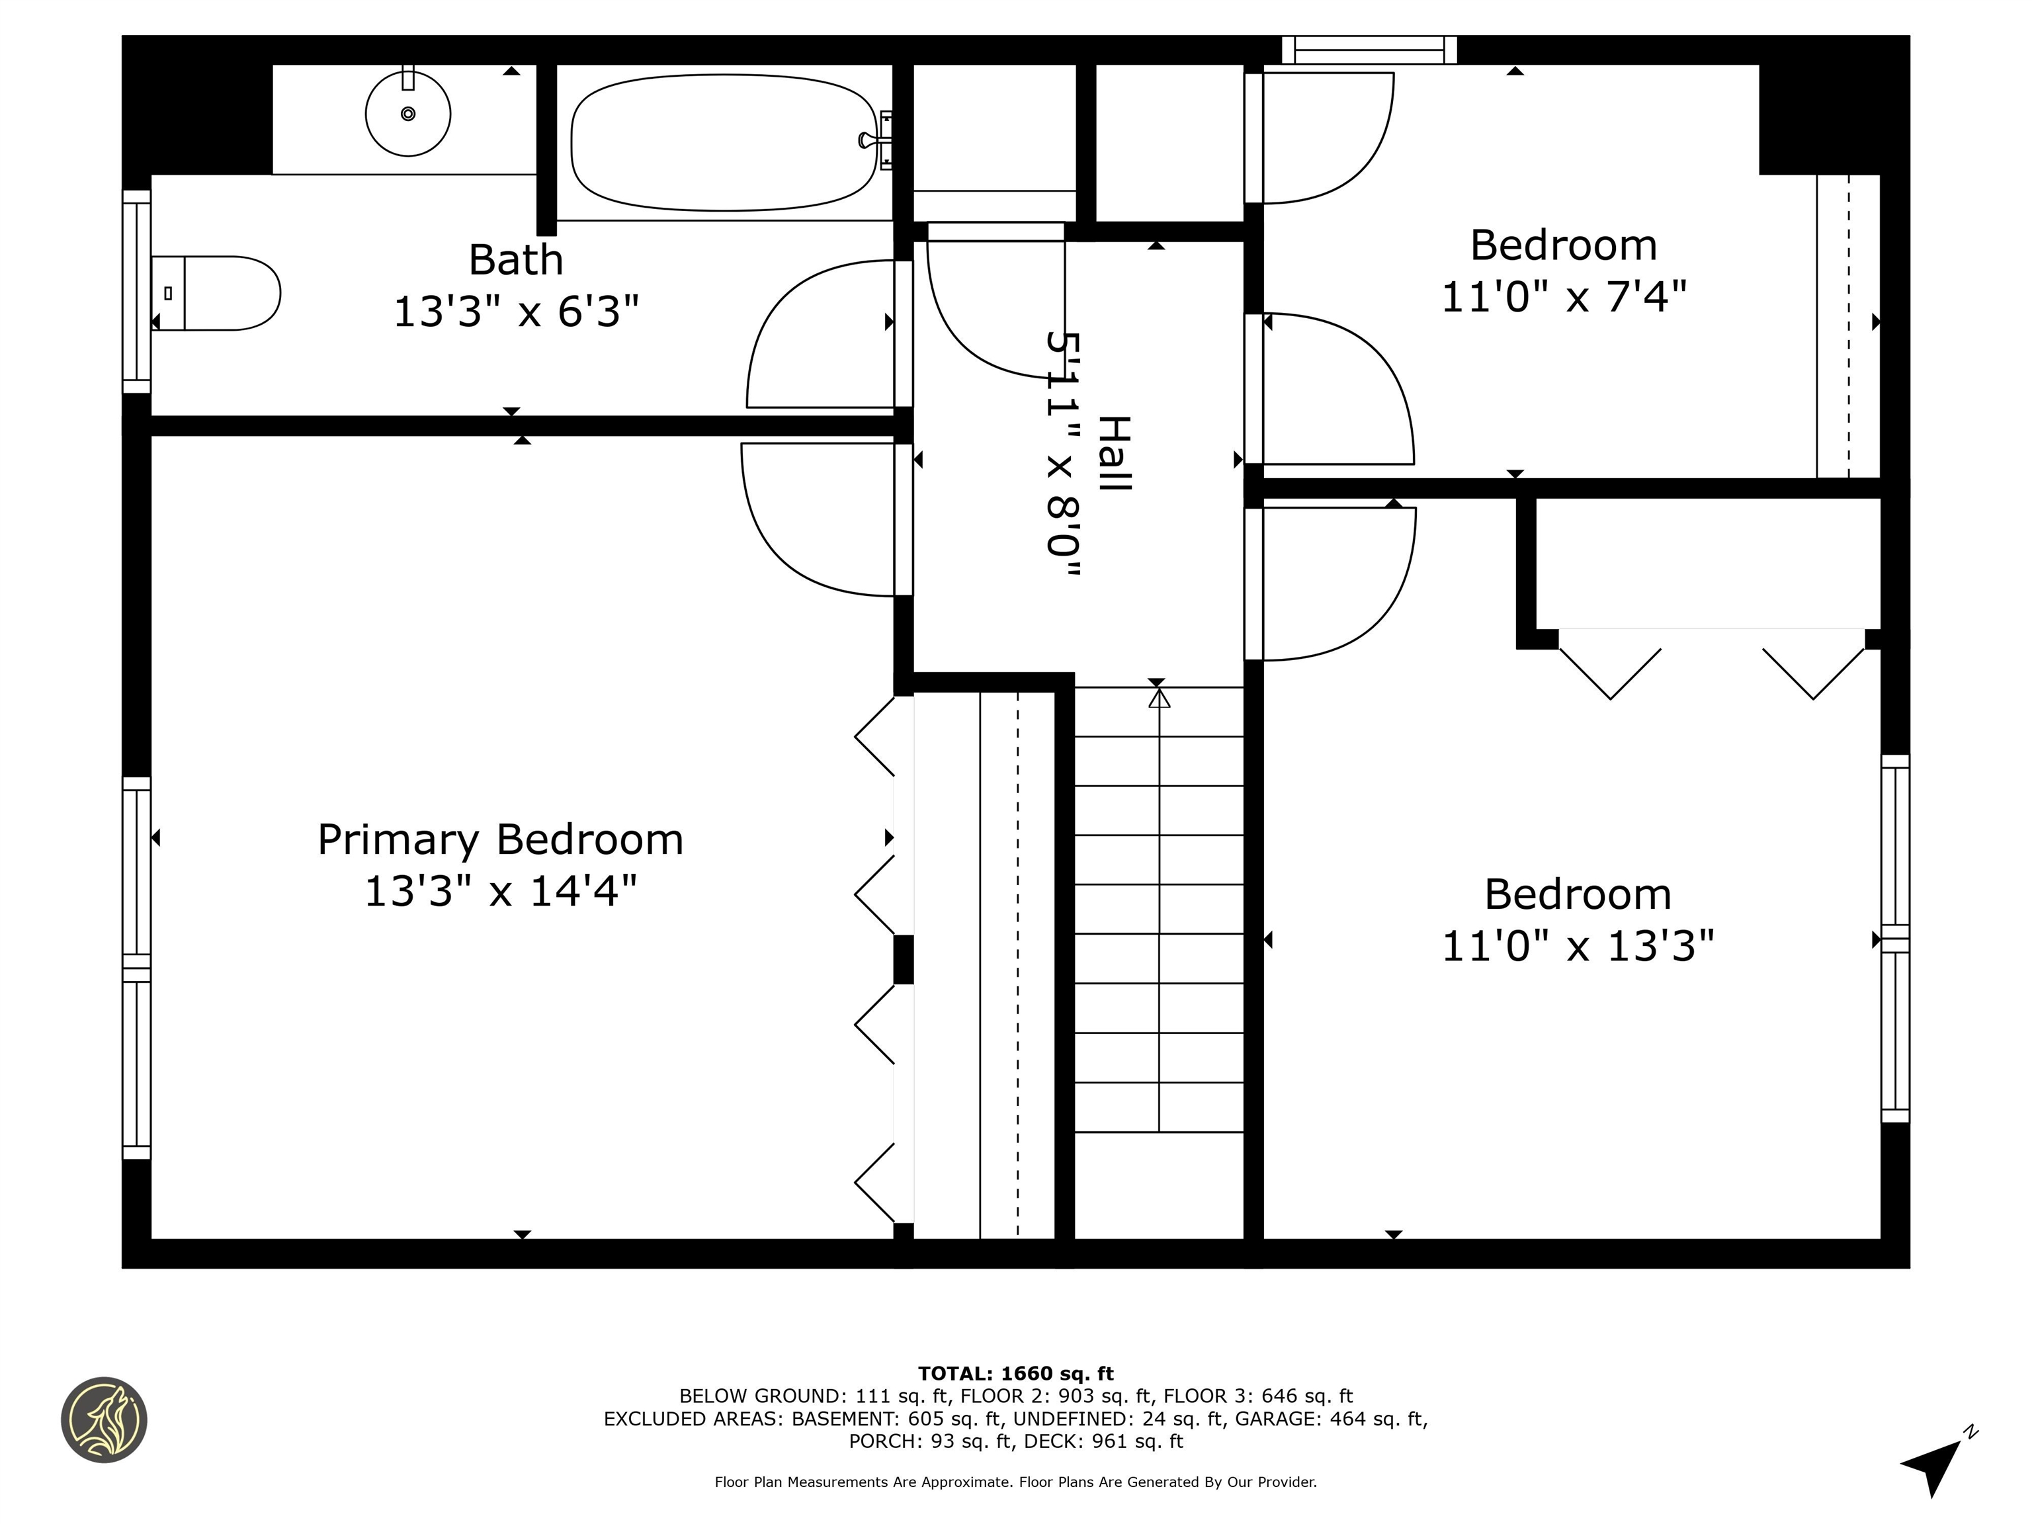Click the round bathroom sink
(408, 114)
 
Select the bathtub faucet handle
(867, 140)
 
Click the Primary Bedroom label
(500, 839)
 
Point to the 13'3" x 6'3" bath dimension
(515, 312)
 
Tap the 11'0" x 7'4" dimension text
(1564, 297)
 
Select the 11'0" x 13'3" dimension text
(1578, 945)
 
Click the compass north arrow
(1932, 1463)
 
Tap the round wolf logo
(104, 1419)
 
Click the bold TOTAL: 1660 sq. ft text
(1015, 1373)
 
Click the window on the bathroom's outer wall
(137, 291)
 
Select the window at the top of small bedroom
(1369, 50)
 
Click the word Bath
(515, 260)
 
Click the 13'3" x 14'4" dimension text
(500, 891)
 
